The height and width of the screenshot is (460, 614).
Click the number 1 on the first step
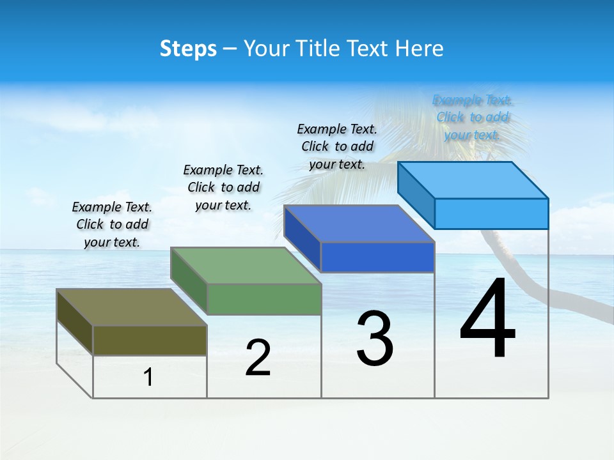pos(148,378)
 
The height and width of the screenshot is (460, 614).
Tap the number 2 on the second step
pos(258,358)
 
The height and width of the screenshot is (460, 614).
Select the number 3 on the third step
pos(375,339)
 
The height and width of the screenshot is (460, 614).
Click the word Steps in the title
pos(188,49)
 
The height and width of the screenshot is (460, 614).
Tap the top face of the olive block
pos(131,307)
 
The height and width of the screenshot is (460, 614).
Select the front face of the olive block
pos(150,340)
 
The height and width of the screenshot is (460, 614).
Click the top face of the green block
pos(245,265)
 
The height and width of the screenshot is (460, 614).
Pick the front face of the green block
pos(264,299)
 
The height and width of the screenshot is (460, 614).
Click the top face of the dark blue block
pos(359,224)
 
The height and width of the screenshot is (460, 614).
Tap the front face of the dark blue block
pos(377,257)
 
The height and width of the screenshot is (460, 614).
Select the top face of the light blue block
pos(473,180)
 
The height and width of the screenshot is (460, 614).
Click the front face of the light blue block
pos(491,213)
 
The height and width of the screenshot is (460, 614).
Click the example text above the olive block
pos(112,224)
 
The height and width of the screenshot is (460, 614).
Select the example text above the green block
pos(223,187)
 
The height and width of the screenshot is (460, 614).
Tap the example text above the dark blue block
pos(337,146)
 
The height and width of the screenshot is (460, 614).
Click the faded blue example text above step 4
pos(473,117)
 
